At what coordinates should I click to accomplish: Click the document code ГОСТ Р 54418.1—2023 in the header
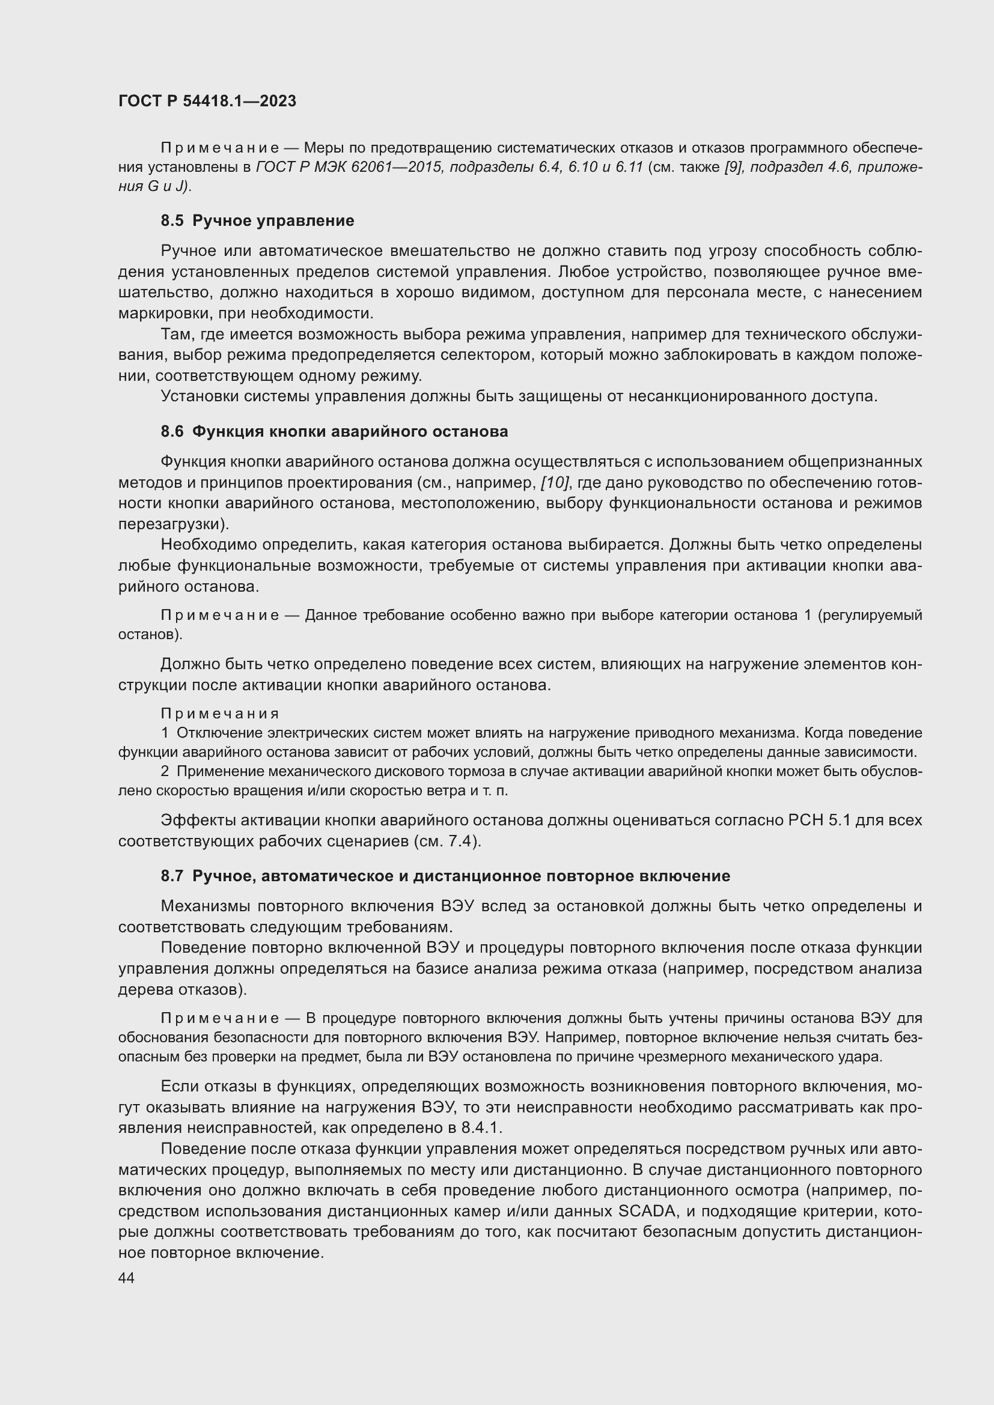coord(207,101)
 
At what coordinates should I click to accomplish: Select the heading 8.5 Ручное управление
coord(257,221)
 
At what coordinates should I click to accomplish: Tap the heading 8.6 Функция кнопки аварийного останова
coord(334,431)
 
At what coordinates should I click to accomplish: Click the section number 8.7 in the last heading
coord(172,876)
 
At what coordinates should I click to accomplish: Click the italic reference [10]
coord(555,483)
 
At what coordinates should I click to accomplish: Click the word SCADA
coord(647,1212)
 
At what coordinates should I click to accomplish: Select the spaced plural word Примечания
coord(220,714)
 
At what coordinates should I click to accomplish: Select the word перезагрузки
coord(169,524)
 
